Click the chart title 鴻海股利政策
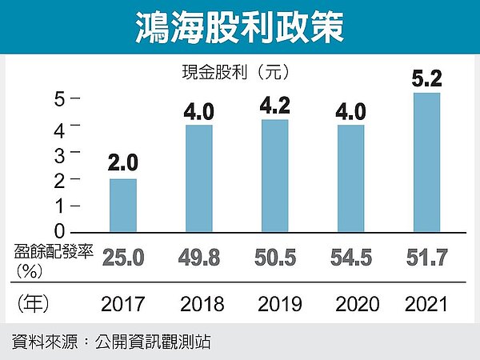(x=239, y=27)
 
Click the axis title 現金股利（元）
(x=234, y=71)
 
